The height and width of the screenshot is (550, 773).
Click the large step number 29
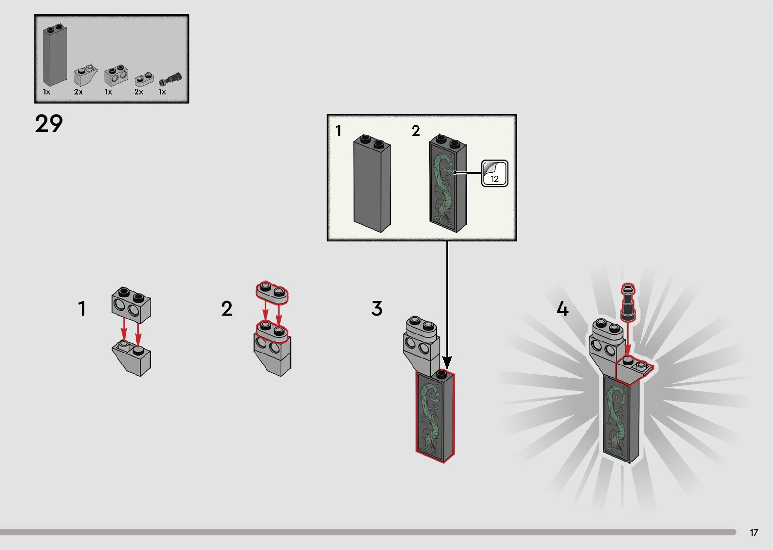click(49, 124)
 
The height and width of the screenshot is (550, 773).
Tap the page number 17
click(754, 533)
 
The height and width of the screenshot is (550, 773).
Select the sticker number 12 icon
click(494, 173)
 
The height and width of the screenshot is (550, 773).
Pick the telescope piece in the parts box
click(170, 79)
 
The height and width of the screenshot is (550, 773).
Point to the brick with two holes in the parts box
click(116, 76)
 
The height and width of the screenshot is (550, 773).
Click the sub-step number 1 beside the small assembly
click(82, 309)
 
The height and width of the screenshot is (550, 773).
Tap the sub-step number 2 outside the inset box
click(227, 309)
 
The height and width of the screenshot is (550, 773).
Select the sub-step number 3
click(377, 309)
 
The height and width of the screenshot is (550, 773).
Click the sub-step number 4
click(562, 309)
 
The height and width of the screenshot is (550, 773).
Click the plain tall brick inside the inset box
click(372, 184)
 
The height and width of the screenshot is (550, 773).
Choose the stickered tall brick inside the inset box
click(448, 184)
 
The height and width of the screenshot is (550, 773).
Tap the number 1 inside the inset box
click(339, 131)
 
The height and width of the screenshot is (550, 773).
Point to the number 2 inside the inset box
click(416, 131)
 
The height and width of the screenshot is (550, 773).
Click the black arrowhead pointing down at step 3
click(447, 362)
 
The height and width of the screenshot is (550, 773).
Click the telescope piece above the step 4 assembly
click(629, 302)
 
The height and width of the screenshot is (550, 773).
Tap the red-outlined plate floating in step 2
click(272, 293)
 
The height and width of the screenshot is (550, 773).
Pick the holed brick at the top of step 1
click(131, 304)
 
